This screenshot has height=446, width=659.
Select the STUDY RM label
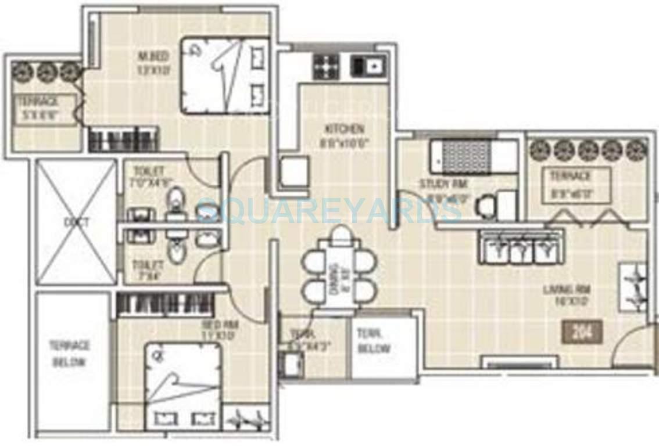click(x=443, y=184)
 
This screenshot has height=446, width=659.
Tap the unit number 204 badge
click(x=582, y=332)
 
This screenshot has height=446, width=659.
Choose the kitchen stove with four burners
click(x=325, y=66)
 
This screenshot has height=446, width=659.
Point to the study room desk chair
click(x=484, y=206)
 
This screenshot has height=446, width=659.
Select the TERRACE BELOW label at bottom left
click(x=69, y=354)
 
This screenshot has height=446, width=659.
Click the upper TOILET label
click(x=148, y=172)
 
